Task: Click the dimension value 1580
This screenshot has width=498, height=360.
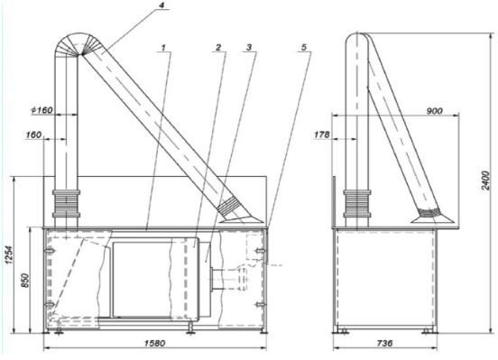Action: (x=154, y=343)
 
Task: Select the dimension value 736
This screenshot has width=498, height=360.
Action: (x=384, y=343)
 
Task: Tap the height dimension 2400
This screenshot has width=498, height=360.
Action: (x=485, y=180)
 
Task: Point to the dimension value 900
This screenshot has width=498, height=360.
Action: (x=435, y=111)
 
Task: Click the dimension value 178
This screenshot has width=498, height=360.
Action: (x=322, y=134)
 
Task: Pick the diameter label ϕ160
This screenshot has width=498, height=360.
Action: (x=41, y=110)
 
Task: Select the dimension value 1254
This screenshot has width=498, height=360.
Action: (x=9, y=254)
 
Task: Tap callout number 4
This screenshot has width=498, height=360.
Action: (x=162, y=6)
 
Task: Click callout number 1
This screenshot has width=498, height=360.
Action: (x=163, y=48)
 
